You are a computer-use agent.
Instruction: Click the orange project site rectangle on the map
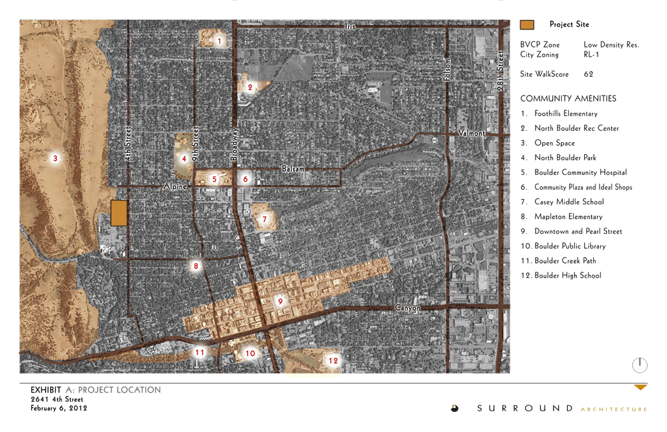pos(119,213)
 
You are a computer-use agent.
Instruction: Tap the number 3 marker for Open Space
pos(55,158)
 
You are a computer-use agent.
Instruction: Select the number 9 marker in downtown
pos(280,301)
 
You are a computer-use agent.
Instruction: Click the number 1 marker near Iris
pos(219,41)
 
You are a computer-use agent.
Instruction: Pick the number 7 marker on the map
pos(264,218)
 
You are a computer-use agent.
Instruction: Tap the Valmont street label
pos(471,134)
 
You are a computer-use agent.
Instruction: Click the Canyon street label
pos(408,308)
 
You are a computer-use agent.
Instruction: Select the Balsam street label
pos(293,170)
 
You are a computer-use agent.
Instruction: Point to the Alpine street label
pos(176,188)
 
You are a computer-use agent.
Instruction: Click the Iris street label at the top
pos(351,27)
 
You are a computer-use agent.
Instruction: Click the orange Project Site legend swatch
pos(527,25)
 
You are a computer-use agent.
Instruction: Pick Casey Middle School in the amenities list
pos(568,202)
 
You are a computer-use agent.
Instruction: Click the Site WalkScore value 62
pos(588,74)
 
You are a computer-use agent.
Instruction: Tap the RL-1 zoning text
pos(591,55)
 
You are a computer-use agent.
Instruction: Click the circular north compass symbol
pos(639,365)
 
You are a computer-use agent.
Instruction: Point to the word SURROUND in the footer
pos(524,409)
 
